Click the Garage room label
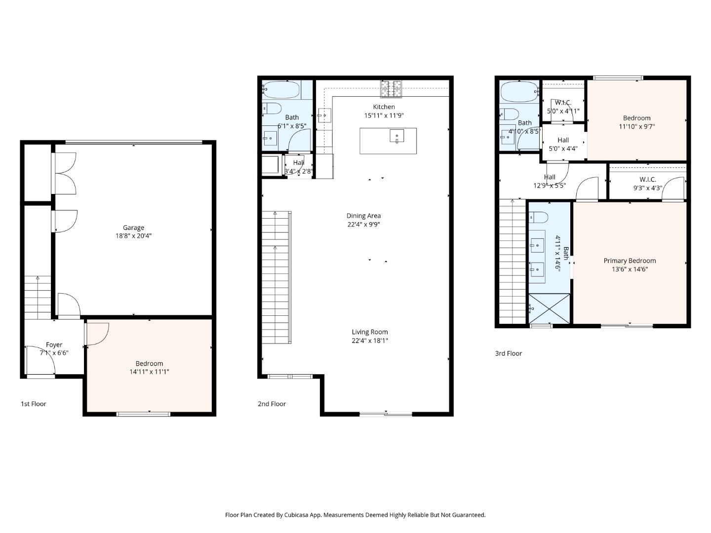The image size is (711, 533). click(x=133, y=228)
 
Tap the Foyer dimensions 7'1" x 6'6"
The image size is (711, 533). click(x=54, y=353)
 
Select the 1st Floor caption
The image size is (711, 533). click(x=33, y=404)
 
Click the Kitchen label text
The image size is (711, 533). click(x=384, y=107)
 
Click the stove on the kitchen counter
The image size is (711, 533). click(x=391, y=89)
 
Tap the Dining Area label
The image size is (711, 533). click(x=363, y=216)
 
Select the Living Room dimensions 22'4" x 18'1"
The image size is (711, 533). click(x=370, y=341)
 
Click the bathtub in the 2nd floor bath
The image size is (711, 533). click(x=281, y=90)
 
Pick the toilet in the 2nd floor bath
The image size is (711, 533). click(x=272, y=108)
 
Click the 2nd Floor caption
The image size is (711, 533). click(x=272, y=404)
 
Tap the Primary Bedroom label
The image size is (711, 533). click(x=630, y=261)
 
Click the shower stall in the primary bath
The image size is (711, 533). click(x=549, y=309)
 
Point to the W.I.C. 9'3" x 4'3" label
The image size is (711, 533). click(x=647, y=184)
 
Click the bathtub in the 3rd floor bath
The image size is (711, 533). click(x=519, y=91)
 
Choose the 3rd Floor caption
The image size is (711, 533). click(x=508, y=353)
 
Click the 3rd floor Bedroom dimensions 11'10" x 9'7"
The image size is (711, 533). click(x=636, y=126)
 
